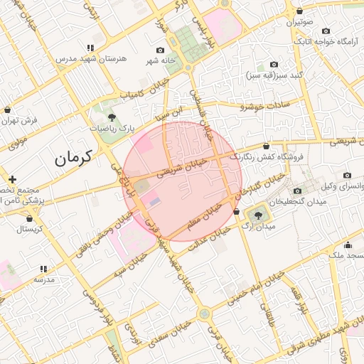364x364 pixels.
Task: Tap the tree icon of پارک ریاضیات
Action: [x=112, y=117]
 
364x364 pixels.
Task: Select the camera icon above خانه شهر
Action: [x=160, y=50]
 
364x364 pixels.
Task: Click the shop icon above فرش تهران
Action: [x=6, y=111]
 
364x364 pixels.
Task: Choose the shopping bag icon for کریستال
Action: [x=20, y=219]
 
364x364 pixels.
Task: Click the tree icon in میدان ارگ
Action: [x=257, y=215]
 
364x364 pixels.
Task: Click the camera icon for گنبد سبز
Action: [x=274, y=65]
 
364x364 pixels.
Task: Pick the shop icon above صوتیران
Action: [x=300, y=11]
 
